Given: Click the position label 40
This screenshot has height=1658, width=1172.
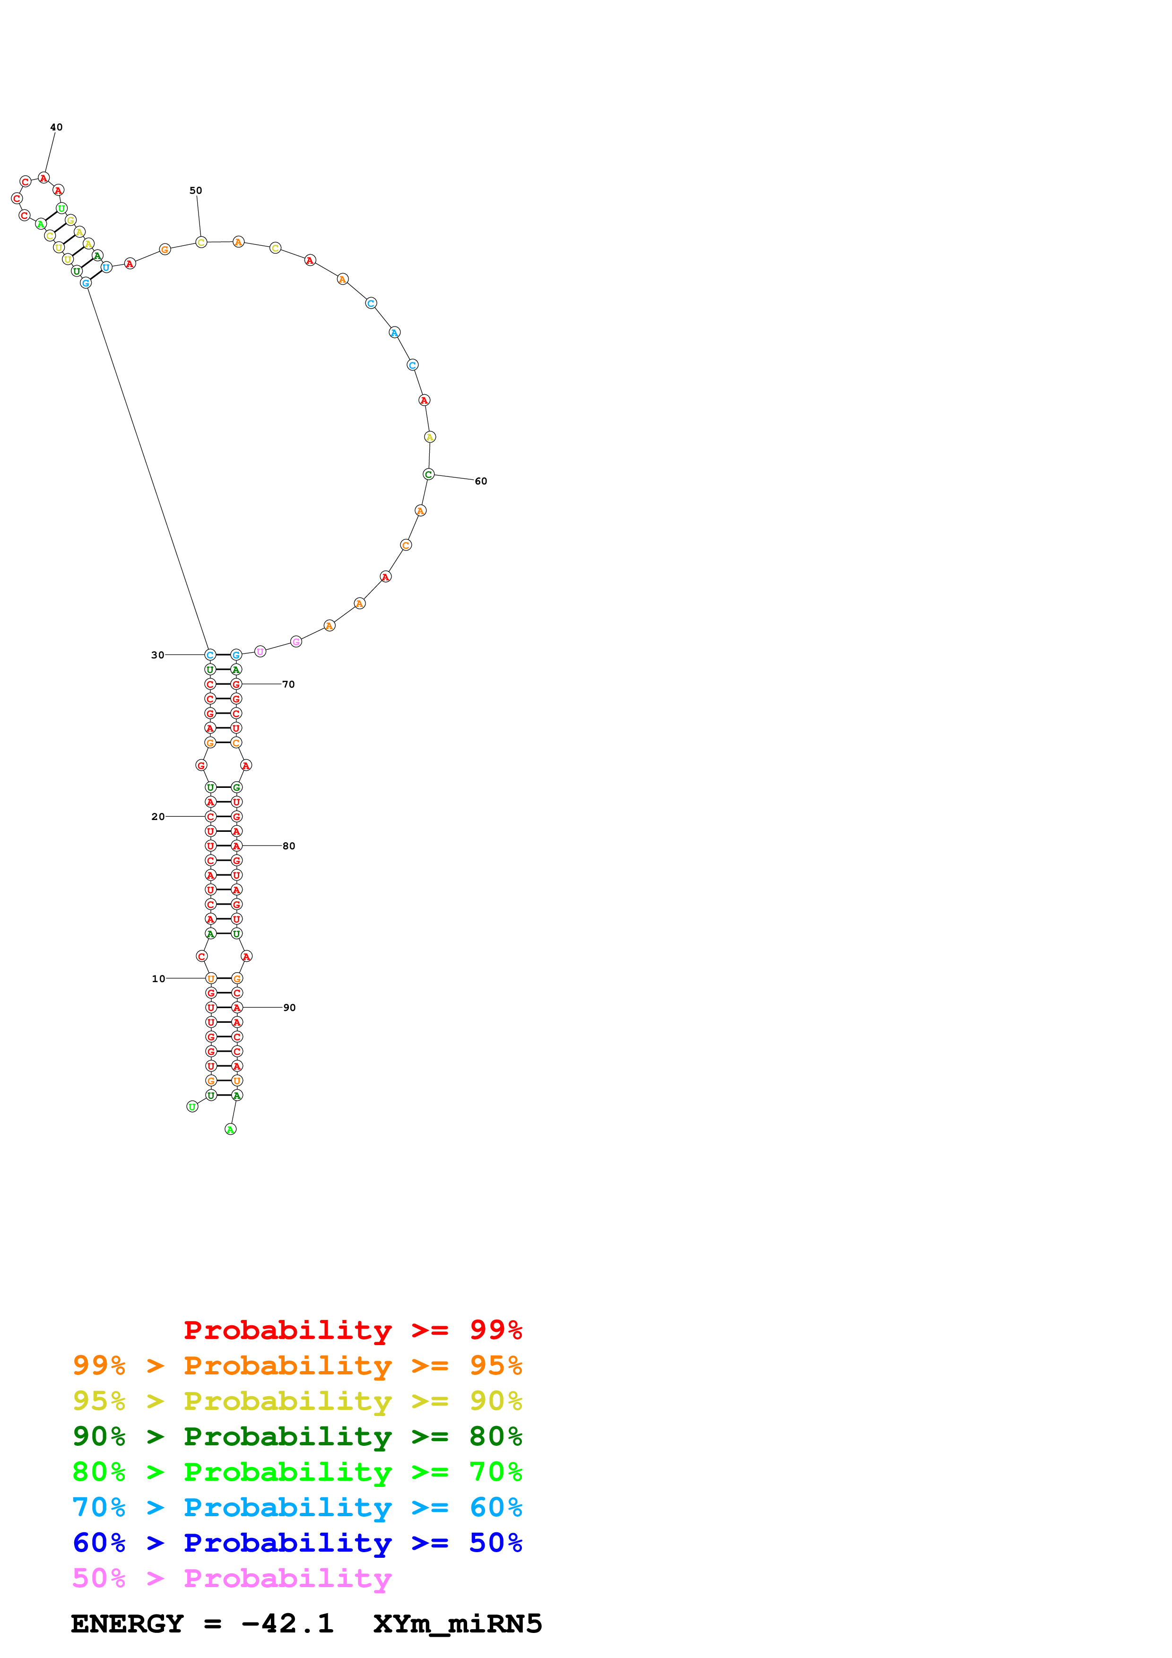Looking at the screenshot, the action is click(x=56, y=127).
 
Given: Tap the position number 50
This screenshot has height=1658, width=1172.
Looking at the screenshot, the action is click(x=196, y=190).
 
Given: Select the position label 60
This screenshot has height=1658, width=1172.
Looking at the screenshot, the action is click(x=481, y=481).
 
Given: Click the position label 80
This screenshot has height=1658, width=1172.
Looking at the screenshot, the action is click(x=289, y=846).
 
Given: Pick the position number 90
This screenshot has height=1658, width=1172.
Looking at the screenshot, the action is click(x=289, y=1007).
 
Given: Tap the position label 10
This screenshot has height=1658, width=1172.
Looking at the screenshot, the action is click(x=158, y=978).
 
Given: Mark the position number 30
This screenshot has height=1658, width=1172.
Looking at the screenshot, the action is click(x=157, y=655).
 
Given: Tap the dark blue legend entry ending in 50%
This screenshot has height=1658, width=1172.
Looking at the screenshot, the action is click(x=297, y=1543).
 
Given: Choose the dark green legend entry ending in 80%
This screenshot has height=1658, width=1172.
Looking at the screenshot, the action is click(x=297, y=1436).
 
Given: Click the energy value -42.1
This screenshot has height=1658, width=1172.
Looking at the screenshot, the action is click(x=287, y=1624).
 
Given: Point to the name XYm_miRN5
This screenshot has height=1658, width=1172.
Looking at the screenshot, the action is click(x=458, y=1624).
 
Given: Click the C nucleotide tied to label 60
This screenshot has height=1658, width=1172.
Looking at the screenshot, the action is click(x=428, y=475).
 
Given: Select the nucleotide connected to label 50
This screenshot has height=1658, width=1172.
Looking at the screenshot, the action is click(x=201, y=242).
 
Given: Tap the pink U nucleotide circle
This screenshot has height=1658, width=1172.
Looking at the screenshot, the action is click(x=260, y=651).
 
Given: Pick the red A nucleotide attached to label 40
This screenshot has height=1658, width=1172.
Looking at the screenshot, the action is click(x=44, y=178).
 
